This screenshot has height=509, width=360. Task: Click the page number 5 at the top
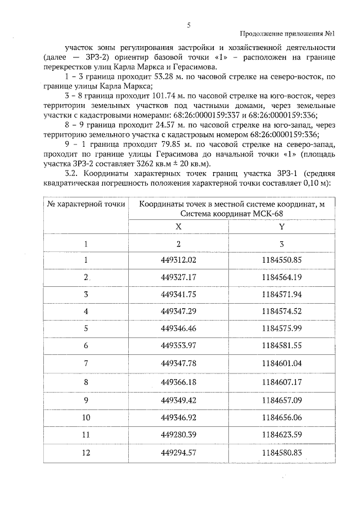189,25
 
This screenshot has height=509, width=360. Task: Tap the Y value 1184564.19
282,277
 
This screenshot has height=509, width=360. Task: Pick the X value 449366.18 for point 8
178,381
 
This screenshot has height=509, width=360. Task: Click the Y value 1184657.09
282,399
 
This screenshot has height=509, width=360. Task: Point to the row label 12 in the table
86,452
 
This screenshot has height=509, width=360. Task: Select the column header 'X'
178,225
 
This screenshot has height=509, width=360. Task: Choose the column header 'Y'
281,225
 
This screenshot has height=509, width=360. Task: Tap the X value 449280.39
178,434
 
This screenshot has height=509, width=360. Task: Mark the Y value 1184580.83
282,452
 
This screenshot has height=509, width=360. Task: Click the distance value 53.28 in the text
182,76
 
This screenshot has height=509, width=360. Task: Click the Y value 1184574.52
282,312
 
